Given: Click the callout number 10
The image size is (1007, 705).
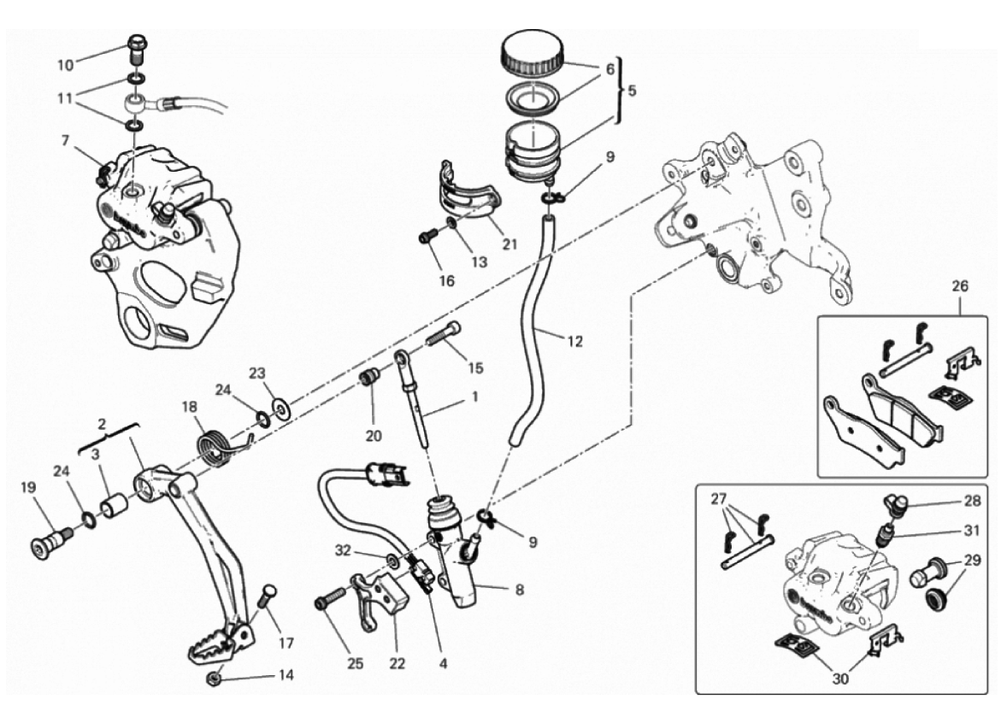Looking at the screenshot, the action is click(x=66, y=65).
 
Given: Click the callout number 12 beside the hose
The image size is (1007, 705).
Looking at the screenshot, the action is click(x=574, y=342).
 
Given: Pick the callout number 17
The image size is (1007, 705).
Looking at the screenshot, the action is click(x=286, y=642).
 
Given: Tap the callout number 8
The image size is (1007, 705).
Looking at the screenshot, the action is click(x=519, y=590).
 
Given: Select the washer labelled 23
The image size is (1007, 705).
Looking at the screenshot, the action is click(x=280, y=407).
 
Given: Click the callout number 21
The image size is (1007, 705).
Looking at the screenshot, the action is click(x=509, y=244).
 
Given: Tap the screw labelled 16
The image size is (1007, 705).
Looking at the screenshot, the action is click(x=428, y=237).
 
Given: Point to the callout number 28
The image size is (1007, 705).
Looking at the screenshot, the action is click(x=972, y=500).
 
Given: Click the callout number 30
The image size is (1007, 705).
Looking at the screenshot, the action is click(x=840, y=678).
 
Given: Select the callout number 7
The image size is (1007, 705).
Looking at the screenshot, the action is click(x=65, y=140).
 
